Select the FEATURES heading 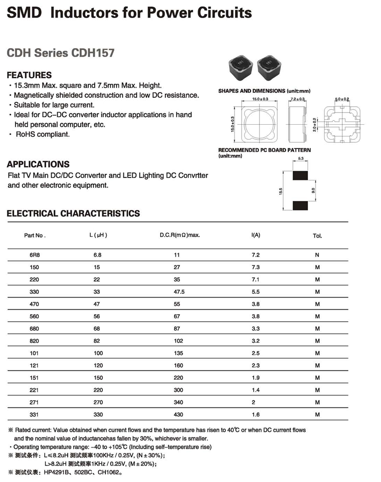[x=29, y=75]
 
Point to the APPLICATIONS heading [x=38, y=164]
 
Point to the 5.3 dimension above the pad [x=301, y=159]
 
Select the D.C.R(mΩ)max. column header [x=179, y=235]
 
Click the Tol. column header [x=317, y=235]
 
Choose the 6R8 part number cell [x=35, y=255]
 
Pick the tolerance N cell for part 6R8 [x=317, y=255]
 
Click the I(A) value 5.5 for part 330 [x=255, y=291]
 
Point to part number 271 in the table [x=35, y=402]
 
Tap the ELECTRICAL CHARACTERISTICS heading [x=73, y=213]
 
